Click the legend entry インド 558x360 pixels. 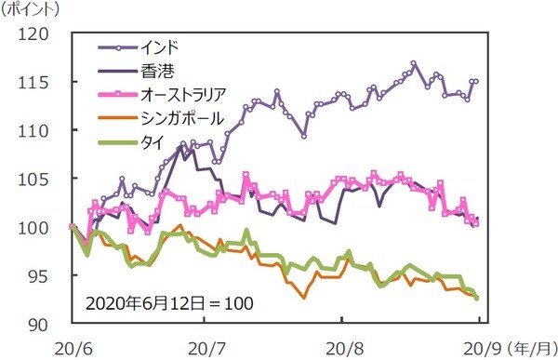(163, 45)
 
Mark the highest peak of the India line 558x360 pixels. (413, 63)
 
